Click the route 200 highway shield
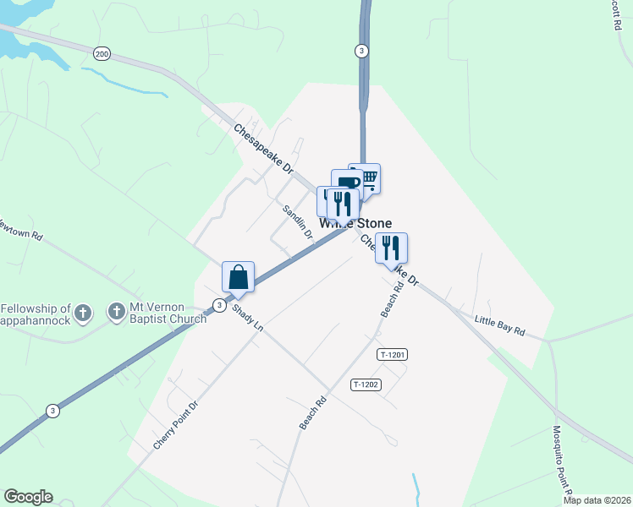tap(102, 54)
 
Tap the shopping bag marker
tap(238, 277)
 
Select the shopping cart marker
tap(366, 178)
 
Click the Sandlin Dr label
tap(299, 221)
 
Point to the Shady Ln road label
tap(248, 319)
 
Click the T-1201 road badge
tap(393, 355)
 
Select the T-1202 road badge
tap(366, 384)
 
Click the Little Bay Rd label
tap(499, 326)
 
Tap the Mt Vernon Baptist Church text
tap(168, 313)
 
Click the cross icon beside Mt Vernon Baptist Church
tap(117, 313)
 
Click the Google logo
tap(28, 497)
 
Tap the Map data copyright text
tap(597, 500)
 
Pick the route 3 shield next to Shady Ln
tap(219, 305)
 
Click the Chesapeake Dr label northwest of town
tap(263, 150)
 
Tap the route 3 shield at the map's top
tap(361, 51)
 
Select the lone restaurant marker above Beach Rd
tap(391, 248)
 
